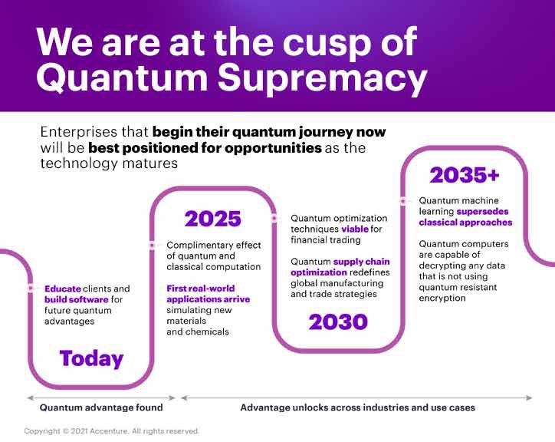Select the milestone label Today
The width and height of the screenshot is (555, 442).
click(x=91, y=358)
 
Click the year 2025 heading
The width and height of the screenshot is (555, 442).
click(x=212, y=219)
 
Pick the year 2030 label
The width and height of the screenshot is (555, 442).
click(x=338, y=322)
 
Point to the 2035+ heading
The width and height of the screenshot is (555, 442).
click(x=465, y=175)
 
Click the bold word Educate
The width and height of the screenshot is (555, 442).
click(x=62, y=289)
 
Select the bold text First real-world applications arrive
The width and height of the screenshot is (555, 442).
click(x=208, y=294)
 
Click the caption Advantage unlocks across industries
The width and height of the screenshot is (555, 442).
click(x=357, y=407)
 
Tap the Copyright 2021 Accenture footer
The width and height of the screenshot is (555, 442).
click(x=112, y=431)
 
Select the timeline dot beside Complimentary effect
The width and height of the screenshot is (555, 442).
click(x=151, y=246)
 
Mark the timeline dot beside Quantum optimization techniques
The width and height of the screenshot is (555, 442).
click(x=274, y=218)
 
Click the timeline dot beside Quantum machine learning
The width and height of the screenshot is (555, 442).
click(x=402, y=200)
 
